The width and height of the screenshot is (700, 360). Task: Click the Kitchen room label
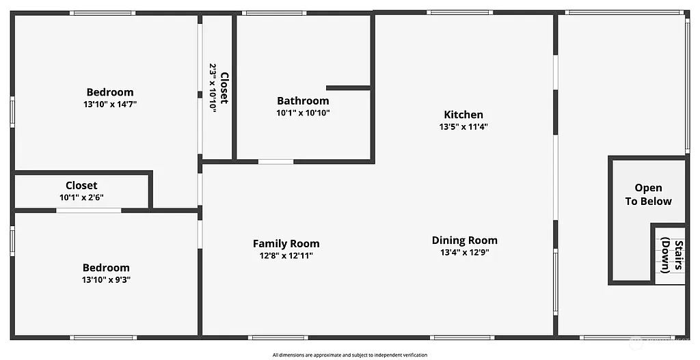[x=463, y=115]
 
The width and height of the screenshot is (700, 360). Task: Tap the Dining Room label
[x=464, y=240]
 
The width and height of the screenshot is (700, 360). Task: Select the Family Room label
[x=286, y=244]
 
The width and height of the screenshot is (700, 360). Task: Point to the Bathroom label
[x=303, y=101]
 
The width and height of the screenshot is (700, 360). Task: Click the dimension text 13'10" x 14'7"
[x=109, y=105]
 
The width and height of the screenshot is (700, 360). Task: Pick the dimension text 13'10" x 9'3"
[x=106, y=279]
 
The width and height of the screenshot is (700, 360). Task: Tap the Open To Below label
[x=648, y=195]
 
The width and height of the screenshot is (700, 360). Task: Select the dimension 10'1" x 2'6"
[x=81, y=197]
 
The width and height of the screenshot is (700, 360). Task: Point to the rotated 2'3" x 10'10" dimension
[x=213, y=88]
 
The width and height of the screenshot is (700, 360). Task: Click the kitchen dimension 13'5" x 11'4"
[x=463, y=126]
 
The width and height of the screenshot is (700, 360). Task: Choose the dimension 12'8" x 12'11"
[x=286, y=256]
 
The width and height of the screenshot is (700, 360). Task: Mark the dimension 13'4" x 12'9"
[x=464, y=252]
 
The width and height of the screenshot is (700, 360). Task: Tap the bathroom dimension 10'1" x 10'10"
[x=303, y=113]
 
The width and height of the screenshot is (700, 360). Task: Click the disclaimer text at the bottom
[x=349, y=355]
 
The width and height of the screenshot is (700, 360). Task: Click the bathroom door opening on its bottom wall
[x=275, y=162]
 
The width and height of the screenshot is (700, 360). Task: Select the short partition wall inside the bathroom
[x=348, y=87]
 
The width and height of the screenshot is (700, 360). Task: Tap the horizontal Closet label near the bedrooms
[x=81, y=185]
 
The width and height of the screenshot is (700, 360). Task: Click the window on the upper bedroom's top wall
[x=103, y=12]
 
